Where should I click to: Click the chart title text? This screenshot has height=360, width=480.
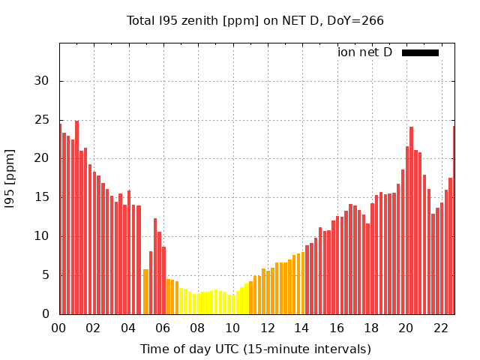point(255,20)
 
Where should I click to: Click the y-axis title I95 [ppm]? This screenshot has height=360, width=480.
point(10,178)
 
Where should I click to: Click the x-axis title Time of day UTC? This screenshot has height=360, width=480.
point(255,349)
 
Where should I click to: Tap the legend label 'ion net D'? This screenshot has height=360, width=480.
point(364,52)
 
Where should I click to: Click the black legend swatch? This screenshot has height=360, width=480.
point(420,52)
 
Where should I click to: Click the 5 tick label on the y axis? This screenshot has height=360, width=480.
point(46,275)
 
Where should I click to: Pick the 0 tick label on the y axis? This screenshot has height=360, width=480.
point(46,314)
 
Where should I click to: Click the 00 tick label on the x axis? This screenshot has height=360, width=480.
point(58,328)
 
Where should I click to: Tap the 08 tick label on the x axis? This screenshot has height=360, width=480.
point(197,328)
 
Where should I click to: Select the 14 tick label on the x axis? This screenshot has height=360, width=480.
point(301,328)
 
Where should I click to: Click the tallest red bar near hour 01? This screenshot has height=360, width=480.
point(76,217)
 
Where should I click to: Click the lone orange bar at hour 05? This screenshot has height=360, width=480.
point(145,292)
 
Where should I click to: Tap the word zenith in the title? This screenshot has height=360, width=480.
point(196,20)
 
